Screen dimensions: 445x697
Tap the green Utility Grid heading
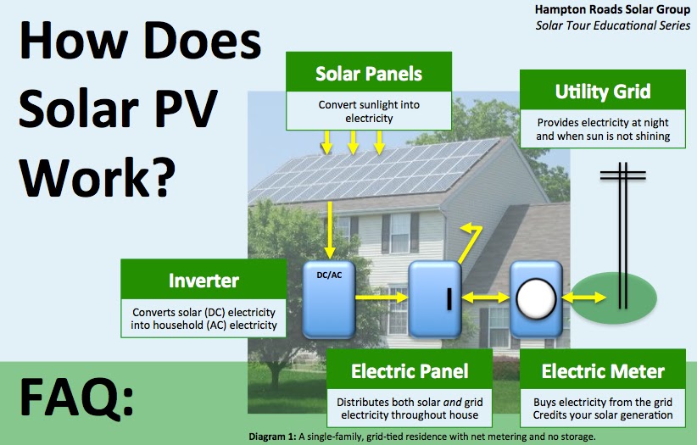tap(603, 92)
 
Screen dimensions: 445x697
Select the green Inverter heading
tap(204, 280)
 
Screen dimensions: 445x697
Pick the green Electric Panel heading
tap(410, 371)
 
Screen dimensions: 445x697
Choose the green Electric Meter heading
tap(603, 371)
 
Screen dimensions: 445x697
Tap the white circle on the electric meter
tap(535, 298)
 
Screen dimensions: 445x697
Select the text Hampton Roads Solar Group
tap(612, 9)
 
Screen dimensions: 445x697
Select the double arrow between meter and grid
tap(583, 298)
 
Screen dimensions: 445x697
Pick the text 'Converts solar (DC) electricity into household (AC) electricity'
tap(204, 317)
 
